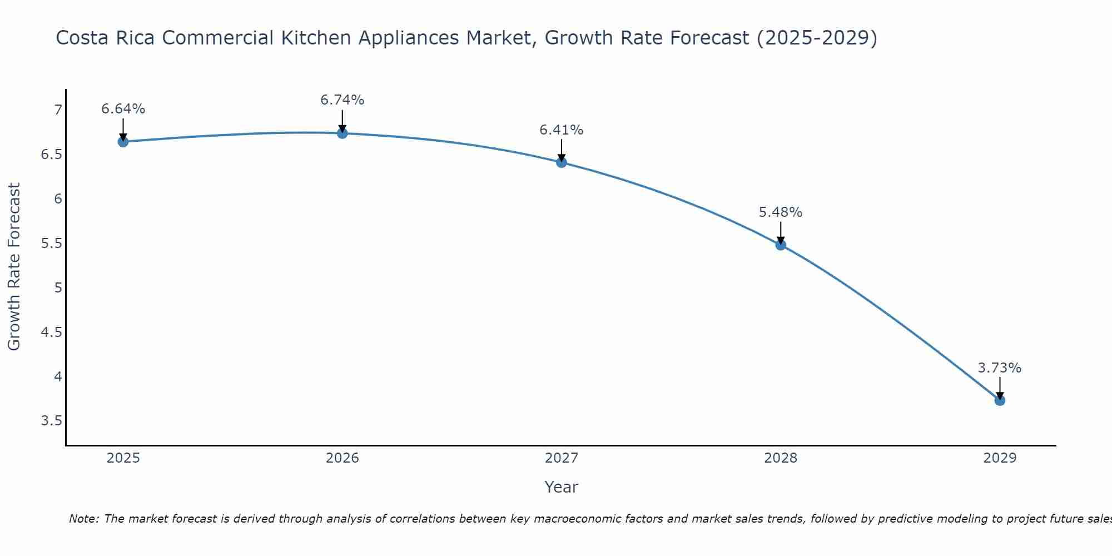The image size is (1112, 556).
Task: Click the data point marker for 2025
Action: click(x=123, y=142)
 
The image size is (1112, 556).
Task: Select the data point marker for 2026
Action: click(x=342, y=133)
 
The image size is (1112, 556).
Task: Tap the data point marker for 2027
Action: click(x=562, y=162)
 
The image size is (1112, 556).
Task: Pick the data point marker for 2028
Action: click(x=781, y=245)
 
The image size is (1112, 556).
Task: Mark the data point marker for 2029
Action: click(x=1000, y=400)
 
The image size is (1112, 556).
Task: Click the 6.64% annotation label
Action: click(x=123, y=109)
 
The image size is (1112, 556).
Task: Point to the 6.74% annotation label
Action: click(x=342, y=100)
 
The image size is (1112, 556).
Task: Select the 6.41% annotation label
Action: click(x=562, y=130)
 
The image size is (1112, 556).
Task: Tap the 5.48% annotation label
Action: click(x=781, y=212)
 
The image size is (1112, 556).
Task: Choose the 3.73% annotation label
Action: click(x=1000, y=368)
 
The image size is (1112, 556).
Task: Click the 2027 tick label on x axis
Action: click(x=562, y=458)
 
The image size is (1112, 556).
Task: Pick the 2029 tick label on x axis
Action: click(x=1000, y=458)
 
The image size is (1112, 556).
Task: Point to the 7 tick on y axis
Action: click(x=58, y=110)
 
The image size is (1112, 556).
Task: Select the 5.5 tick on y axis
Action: click(x=51, y=244)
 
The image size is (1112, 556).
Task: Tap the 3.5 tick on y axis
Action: click(x=51, y=421)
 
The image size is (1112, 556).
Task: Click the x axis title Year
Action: click(x=562, y=487)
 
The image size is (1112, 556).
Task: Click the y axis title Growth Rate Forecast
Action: click(x=14, y=267)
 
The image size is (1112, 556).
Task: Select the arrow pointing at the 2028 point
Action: click(x=781, y=232)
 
